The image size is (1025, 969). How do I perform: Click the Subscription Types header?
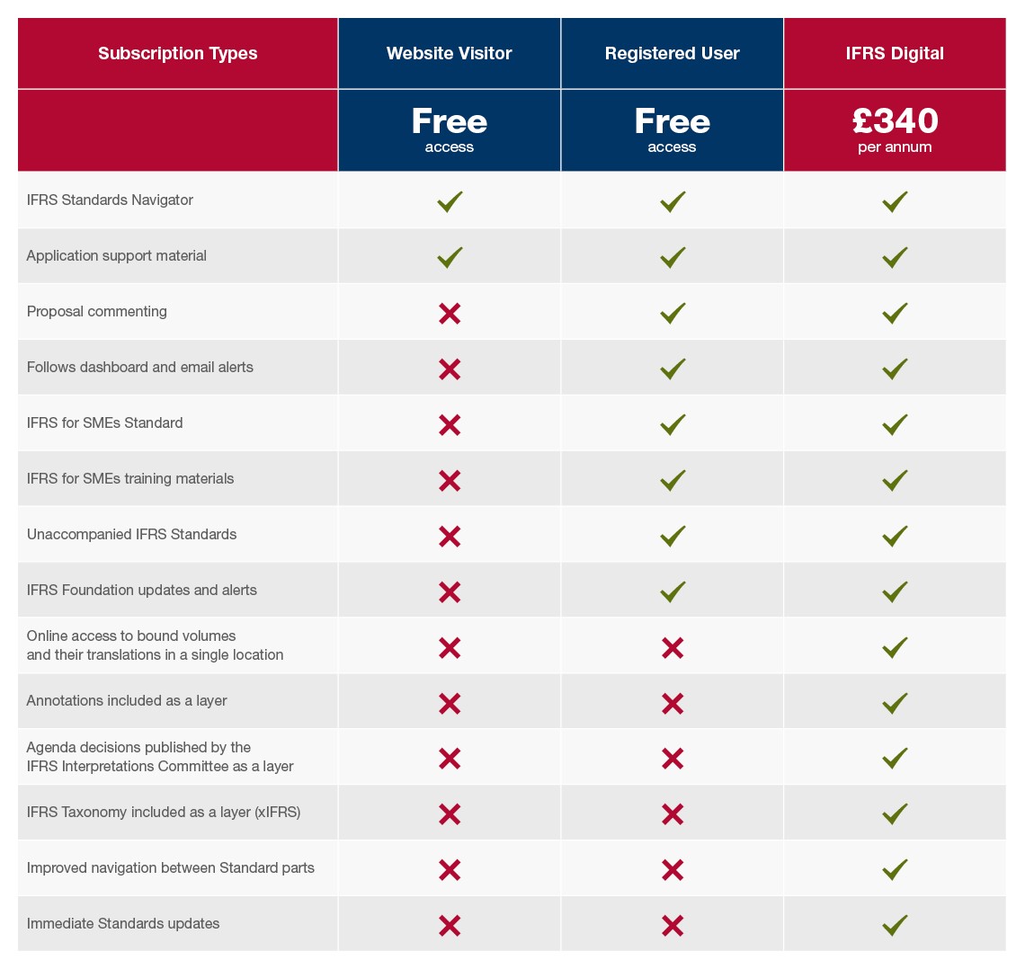click(x=177, y=54)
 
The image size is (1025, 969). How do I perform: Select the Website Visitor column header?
click(x=449, y=54)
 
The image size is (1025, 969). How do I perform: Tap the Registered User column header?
click(x=672, y=54)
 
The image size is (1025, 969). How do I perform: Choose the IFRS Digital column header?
click(x=895, y=54)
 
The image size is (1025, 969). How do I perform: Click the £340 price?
click(x=895, y=121)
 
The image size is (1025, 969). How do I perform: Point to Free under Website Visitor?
click(x=449, y=121)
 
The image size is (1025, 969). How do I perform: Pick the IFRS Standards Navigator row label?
click(x=110, y=200)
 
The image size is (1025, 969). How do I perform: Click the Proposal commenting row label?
click(x=97, y=312)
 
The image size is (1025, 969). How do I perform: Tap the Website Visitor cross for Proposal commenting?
click(x=450, y=314)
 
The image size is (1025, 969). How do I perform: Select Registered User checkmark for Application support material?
click(x=673, y=257)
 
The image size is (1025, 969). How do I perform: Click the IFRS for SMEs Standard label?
click(x=104, y=423)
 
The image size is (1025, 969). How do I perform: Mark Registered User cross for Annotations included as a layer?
click(x=673, y=703)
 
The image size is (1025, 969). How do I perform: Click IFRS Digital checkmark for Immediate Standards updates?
click(x=895, y=924)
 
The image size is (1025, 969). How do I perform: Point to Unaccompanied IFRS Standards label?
click(x=131, y=535)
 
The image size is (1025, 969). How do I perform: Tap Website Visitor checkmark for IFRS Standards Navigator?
click(x=450, y=201)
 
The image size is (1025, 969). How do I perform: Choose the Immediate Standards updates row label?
click(x=123, y=924)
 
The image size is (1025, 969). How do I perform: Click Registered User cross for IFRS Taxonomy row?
click(x=673, y=814)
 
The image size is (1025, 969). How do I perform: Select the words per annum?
click(x=895, y=147)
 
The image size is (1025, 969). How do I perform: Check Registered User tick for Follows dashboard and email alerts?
click(x=673, y=369)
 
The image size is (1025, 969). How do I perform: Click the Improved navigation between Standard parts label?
click(x=171, y=868)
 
